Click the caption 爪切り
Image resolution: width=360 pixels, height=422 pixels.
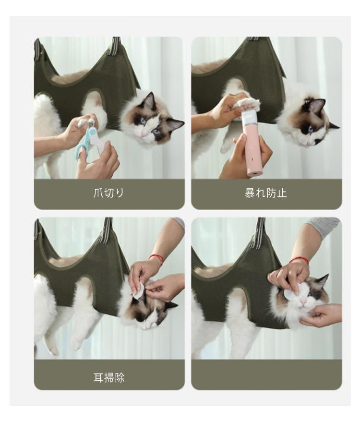(108, 193)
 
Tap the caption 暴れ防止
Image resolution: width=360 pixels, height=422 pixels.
(266, 193)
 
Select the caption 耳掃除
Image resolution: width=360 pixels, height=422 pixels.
(109, 378)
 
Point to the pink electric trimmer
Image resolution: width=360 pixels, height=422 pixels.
(252, 143)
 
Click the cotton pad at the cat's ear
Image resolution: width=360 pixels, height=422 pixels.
(139, 290)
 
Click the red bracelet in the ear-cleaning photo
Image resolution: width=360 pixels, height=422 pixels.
(156, 258)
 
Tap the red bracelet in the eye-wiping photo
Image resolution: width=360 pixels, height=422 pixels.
(299, 260)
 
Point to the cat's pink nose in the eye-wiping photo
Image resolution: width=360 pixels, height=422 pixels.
(303, 301)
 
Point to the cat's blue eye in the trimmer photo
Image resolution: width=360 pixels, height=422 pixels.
(311, 128)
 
